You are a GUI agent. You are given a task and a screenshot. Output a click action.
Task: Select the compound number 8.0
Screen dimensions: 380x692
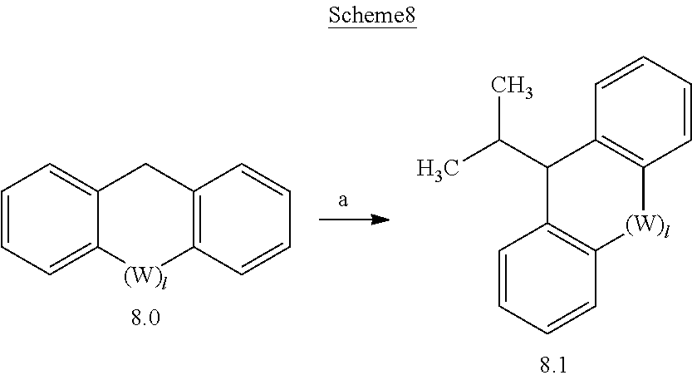pos(145,319)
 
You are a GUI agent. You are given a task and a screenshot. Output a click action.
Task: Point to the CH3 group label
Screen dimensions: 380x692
pos(512,86)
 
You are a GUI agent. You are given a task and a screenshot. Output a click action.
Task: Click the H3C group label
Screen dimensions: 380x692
pos(439,170)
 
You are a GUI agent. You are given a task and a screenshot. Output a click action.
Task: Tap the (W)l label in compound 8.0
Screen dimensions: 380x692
pos(145,278)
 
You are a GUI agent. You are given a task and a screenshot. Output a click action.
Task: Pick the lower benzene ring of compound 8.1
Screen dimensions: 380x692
pos(547,278)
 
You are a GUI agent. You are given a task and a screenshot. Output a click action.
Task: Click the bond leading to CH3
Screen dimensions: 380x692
pos(498,119)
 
